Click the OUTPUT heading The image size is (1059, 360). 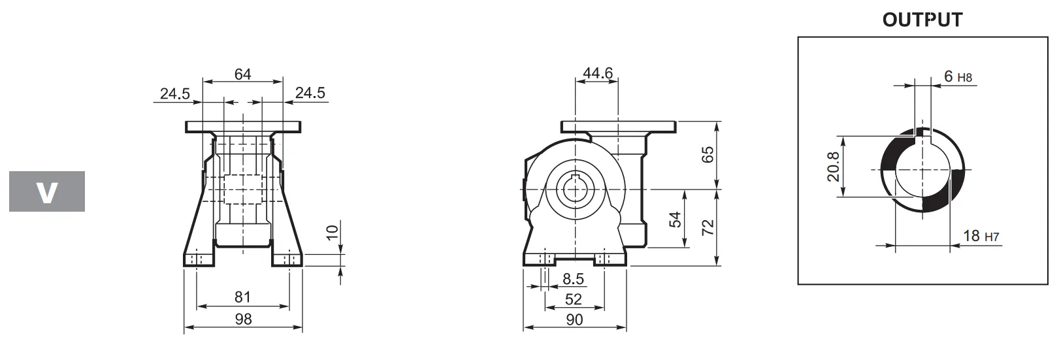(x=922, y=20)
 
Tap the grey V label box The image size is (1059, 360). (x=47, y=191)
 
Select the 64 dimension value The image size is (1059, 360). (x=242, y=74)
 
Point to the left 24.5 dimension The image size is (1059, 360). (x=174, y=93)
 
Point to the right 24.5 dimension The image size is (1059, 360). (x=310, y=93)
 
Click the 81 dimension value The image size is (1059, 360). (x=242, y=297)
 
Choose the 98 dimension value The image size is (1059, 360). (x=242, y=319)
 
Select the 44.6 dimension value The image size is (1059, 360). (x=598, y=73)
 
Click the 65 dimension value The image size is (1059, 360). (x=708, y=155)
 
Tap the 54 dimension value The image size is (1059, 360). (x=676, y=220)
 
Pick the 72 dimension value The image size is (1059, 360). (x=708, y=227)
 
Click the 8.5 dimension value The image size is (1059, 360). (x=573, y=280)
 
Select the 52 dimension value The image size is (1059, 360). (x=573, y=299)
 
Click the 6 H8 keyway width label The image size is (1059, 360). (x=958, y=77)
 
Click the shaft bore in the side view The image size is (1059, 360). (x=574, y=189)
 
